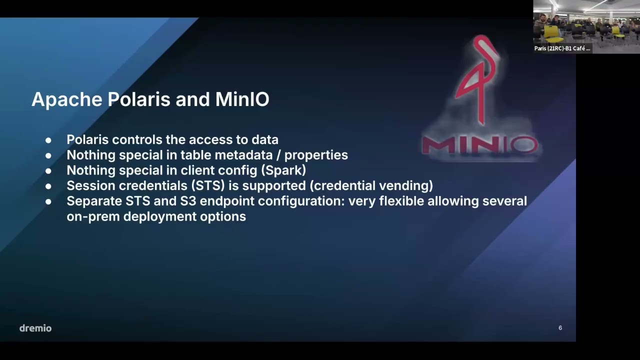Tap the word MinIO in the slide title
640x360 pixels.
click(242, 99)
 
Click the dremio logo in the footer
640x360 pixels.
click(35, 328)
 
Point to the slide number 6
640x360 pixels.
click(560, 328)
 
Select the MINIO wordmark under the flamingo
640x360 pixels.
click(479, 145)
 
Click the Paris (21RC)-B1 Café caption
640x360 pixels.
click(562, 48)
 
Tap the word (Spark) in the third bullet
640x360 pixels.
click(283, 170)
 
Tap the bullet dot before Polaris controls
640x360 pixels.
click(48, 140)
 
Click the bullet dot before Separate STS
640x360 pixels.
click(48, 201)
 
